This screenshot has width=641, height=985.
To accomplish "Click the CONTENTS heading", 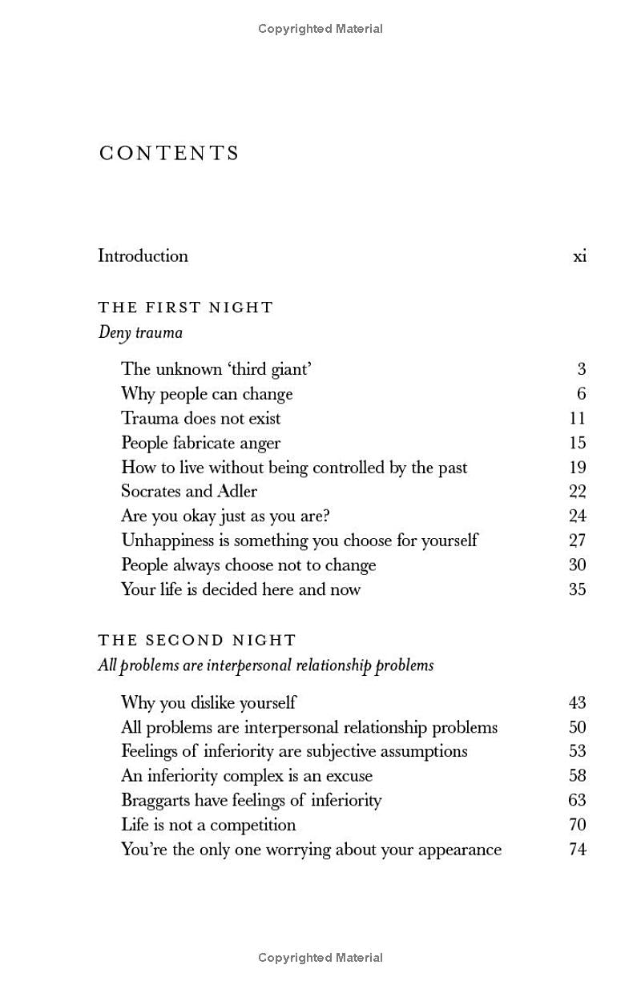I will point(169,153).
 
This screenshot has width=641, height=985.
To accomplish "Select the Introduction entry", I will point(143,256).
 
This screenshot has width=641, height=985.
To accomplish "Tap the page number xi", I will point(579,257).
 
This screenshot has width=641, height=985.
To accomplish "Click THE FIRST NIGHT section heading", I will point(186,308).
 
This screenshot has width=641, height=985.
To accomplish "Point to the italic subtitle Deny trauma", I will point(140,332).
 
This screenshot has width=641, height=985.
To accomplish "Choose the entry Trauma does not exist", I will point(200,418).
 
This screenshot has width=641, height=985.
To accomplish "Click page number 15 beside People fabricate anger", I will point(577,443).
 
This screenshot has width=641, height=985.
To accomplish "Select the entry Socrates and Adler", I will point(189,492).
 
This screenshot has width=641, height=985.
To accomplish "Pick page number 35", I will point(577,589).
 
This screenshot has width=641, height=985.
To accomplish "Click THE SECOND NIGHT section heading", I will point(197,641).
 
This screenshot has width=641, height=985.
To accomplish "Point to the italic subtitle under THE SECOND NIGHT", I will point(265,665).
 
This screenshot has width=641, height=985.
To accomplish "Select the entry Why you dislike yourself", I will point(208,703).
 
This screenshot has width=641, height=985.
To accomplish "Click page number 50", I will point(577,727).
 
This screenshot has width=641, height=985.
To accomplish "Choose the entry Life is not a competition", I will point(208,825).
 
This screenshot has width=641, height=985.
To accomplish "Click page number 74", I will point(577,850).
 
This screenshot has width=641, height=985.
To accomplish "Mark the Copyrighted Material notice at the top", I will point(320,29).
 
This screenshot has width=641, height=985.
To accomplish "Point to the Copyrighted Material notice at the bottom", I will point(320,958).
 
